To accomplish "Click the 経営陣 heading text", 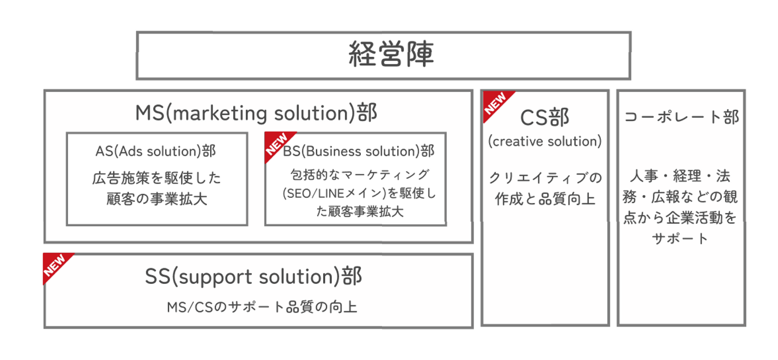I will (391, 55).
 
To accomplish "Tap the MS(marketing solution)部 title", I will (256, 114).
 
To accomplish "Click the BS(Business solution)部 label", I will (359, 152).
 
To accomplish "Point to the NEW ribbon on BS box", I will (277, 143).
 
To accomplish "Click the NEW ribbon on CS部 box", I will (495, 103).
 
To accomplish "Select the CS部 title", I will (545, 117).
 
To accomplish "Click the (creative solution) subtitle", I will (545, 142).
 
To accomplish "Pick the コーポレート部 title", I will (681, 117).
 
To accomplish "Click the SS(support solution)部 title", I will (253, 277).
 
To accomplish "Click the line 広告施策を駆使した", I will (157, 178).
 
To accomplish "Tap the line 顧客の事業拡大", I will (157, 198).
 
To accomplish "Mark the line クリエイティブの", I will (545, 178).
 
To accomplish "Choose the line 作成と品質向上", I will (545, 198).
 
